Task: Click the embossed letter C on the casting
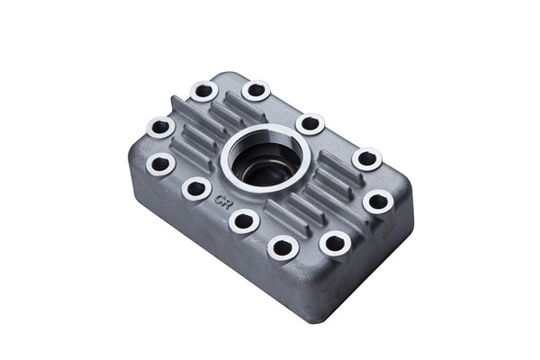coord(219,198)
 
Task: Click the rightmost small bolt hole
coord(378,202)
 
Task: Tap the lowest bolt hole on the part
coord(283,247)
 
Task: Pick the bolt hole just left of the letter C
coord(196,189)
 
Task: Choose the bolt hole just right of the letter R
coord(244,220)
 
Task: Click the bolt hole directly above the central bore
coord(256,90)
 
